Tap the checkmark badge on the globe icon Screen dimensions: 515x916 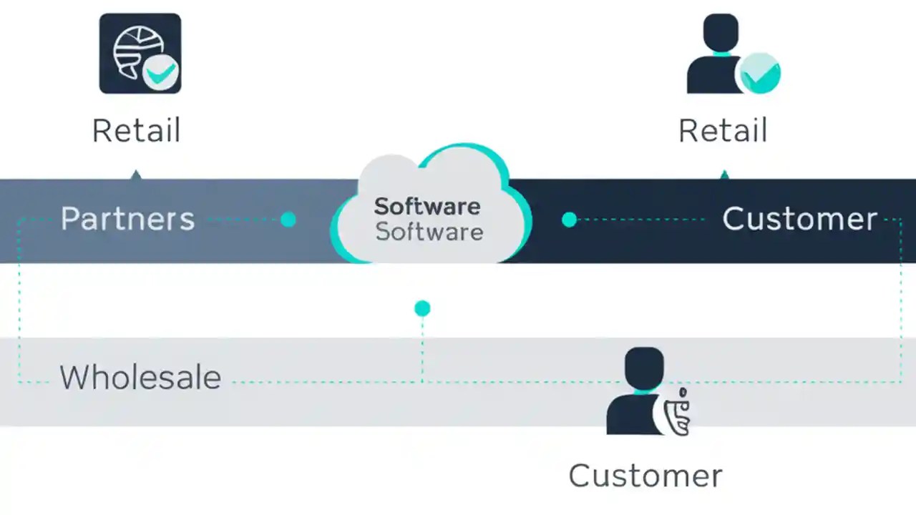tap(161, 72)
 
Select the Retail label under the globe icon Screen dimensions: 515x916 tap(136, 131)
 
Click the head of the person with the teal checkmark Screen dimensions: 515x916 tap(720, 33)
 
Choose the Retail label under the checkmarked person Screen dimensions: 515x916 tap(723, 131)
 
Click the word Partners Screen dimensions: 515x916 tap(127, 219)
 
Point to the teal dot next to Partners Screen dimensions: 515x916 tap(288, 220)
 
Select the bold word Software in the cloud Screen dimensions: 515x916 tap(427, 206)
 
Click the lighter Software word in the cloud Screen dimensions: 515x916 tap(429, 232)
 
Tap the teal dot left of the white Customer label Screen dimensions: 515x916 tap(569, 220)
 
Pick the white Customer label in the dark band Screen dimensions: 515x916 tap(799, 219)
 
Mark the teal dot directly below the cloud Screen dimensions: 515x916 tap(422, 308)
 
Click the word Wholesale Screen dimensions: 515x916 tap(140, 377)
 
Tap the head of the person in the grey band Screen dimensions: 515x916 tap(644, 367)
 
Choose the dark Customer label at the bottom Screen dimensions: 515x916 tap(645, 476)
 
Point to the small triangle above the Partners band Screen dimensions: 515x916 tap(136, 175)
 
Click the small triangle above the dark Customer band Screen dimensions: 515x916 tap(724, 175)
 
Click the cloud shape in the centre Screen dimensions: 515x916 tap(429, 179)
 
